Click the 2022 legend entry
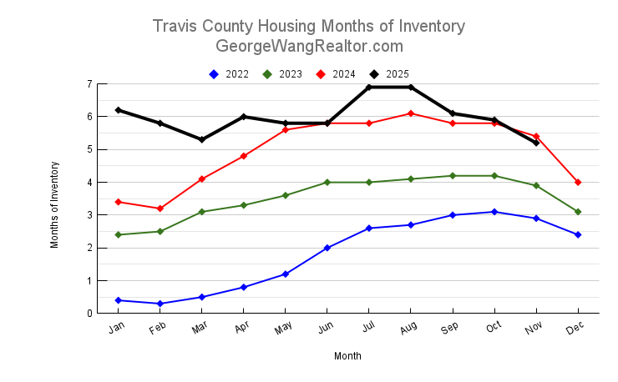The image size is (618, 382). point(230,74)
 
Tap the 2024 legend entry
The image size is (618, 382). point(337,74)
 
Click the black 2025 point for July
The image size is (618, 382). point(369,87)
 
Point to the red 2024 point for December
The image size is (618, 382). point(578,182)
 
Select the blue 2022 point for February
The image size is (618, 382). point(160,304)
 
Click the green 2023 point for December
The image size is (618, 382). point(578,212)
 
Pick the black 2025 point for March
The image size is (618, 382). point(202,139)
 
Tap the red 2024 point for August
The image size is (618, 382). point(411,113)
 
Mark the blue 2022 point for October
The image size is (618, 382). point(494,212)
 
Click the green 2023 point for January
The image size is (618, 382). point(119,234)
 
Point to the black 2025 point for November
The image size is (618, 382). point(536,143)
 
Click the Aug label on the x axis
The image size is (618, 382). point(408,330)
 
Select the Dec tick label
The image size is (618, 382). point(575,330)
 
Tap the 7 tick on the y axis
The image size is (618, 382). point(89,84)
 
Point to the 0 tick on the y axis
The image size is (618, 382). point(89,314)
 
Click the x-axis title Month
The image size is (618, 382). point(347,356)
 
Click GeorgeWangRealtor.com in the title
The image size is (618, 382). point(309,47)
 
